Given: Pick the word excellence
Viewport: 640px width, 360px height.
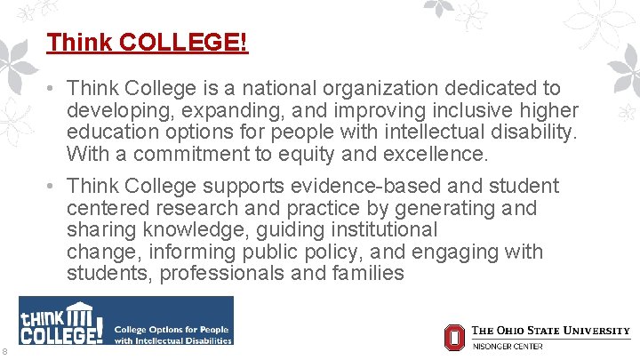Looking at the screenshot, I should click(438, 155).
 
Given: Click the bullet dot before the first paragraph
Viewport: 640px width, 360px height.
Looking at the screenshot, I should click(53, 89).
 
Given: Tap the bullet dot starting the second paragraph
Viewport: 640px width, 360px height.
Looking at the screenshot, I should click(53, 187).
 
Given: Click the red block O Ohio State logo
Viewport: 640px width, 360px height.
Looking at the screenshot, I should click(454, 337).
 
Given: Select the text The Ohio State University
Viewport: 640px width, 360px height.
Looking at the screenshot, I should click(550, 331).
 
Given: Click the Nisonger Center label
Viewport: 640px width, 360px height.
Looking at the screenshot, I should click(507, 346).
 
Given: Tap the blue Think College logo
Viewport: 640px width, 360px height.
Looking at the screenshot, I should click(126, 321).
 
